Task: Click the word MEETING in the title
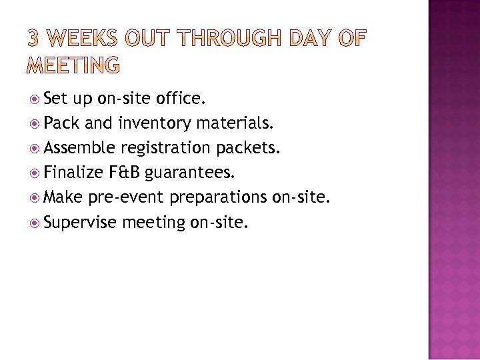pyautogui.click(x=74, y=65)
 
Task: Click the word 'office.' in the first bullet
pyautogui.click(x=180, y=100)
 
